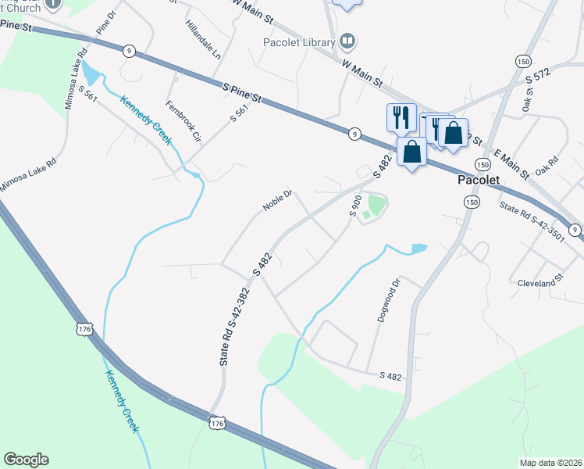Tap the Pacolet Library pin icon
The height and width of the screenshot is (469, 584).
pyautogui.click(x=348, y=41)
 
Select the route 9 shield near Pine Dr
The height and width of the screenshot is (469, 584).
pyautogui.click(x=128, y=51)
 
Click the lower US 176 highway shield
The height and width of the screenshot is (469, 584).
pyautogui.click(x=217, y=423)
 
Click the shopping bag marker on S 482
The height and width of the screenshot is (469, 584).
pyautogui.click(x=411, y=150)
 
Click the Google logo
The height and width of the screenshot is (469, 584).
pyautogui.click(x=26, y=460)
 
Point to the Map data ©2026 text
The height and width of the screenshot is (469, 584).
pyautogui.click(x=550, y=463)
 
